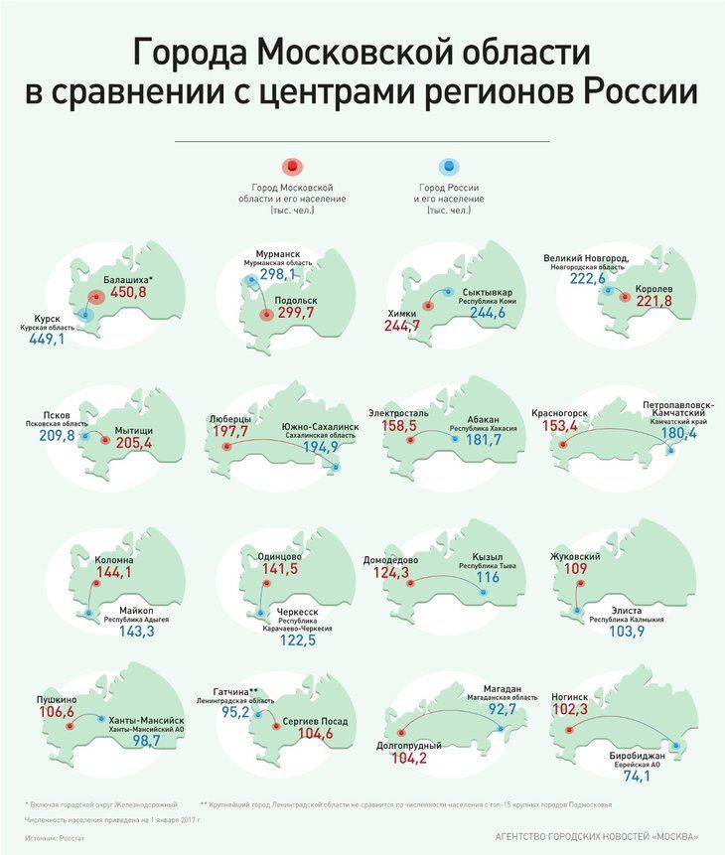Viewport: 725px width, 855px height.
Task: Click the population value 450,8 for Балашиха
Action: pyautogui.click(x=127, y=292)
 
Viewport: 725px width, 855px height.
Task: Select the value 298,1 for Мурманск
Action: pyautogui.click(x=278, y=274)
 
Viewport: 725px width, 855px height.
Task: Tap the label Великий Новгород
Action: pyautogui.click(x=586, y=258)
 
